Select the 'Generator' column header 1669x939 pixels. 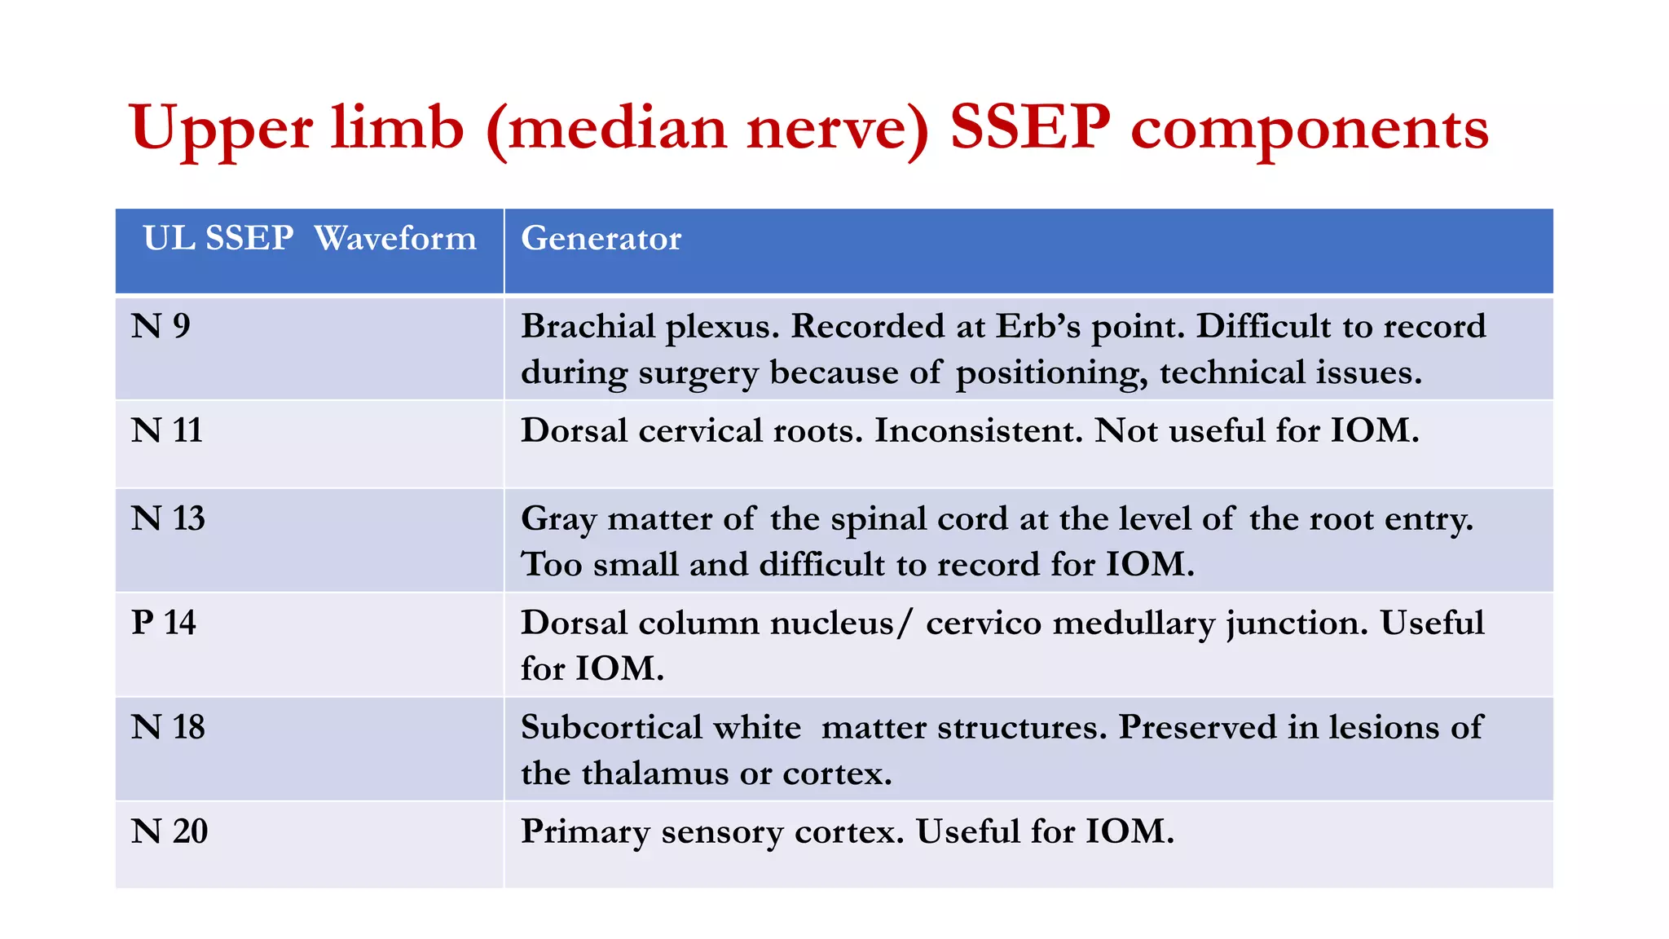[x=601, y=238]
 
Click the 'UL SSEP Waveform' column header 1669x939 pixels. [x=309, y=238]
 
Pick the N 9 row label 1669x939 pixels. [x=161, y=326]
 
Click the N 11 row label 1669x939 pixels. [x=166, y=430]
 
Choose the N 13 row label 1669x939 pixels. [x=168, y=518]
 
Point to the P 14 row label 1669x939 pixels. [x=163, y=623]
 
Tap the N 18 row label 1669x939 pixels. [x=168, y=727]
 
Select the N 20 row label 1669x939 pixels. [x=170, y=831]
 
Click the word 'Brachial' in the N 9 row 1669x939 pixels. [x=588, y=326]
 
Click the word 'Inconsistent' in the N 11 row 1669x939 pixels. [x=978, y=430]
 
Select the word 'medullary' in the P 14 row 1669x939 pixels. [x=1134, y=624]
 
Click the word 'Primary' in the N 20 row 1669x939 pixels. [x=584, y=832]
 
